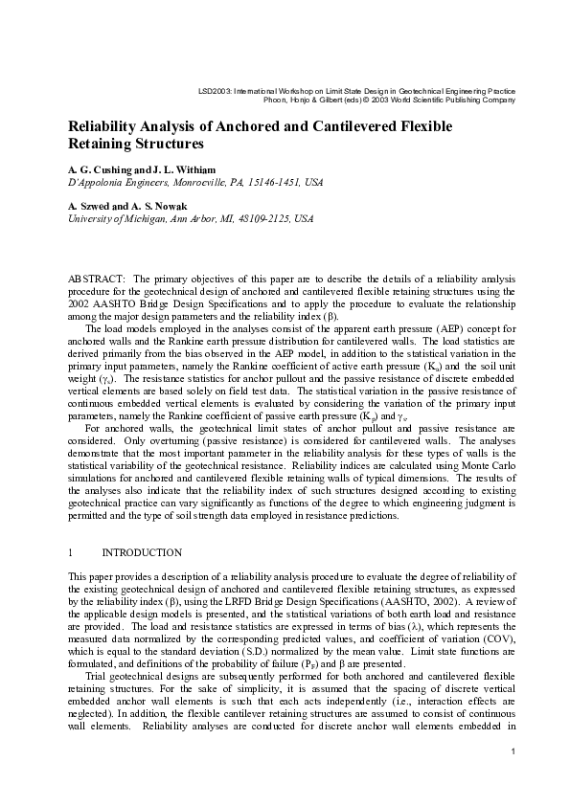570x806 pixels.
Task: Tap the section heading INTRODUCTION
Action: (x=142, y=553)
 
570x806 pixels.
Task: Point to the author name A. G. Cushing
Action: (x=100, y=168)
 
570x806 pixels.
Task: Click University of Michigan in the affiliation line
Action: (x=118, y=217)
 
